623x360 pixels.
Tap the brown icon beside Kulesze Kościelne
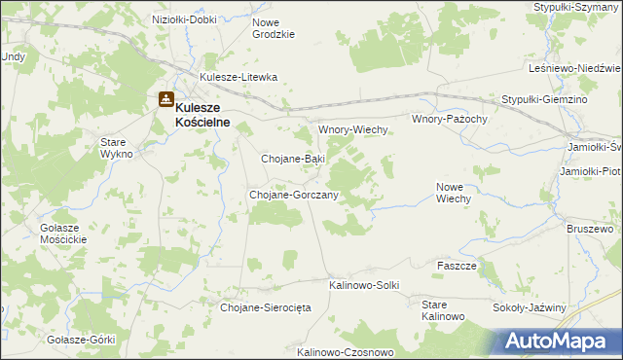point(165,100)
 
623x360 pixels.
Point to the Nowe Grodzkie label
point(273,28)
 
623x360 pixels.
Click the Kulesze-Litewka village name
point(238,77)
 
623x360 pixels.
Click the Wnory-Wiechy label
point(354,129)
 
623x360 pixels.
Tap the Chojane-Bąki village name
point(293,158)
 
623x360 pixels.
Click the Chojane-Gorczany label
point(294,195)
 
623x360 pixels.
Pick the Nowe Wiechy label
point(454,192)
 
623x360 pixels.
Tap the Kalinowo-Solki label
point(364,285)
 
